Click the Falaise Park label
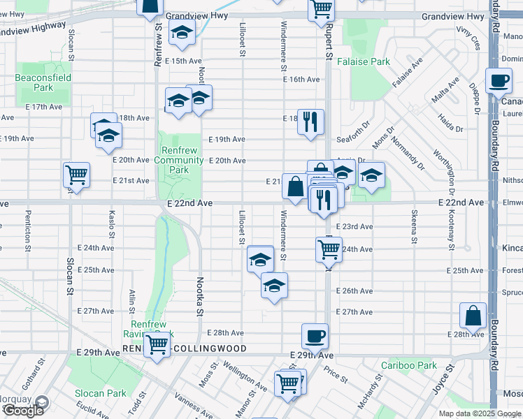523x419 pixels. pyautogui.click(x=371, y=61)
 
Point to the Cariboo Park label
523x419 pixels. pyautogui.click(x=409, y=365)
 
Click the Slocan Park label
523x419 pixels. pyautogui.click(x=101, y=393)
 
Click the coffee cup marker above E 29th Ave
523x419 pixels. pyautogui.click(x=315, y=336)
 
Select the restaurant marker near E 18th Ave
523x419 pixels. pyautogui.click(x=309, y=121)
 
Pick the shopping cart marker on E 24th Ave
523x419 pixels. pyautogui.click(x=329, y=248)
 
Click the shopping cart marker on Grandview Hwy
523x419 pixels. pyautogui.click(x=322, y=8)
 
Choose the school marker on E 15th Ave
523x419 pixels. pyautogui.click(x=182, y=34)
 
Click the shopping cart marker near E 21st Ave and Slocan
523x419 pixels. pyautogui.click(x=76, y=175)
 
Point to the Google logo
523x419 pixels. pyautogui.click(x=23, y=410)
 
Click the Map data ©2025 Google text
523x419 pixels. pyautogui.click(x=478, y=413)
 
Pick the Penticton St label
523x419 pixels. pyautogui.click(x=29, y=230)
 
